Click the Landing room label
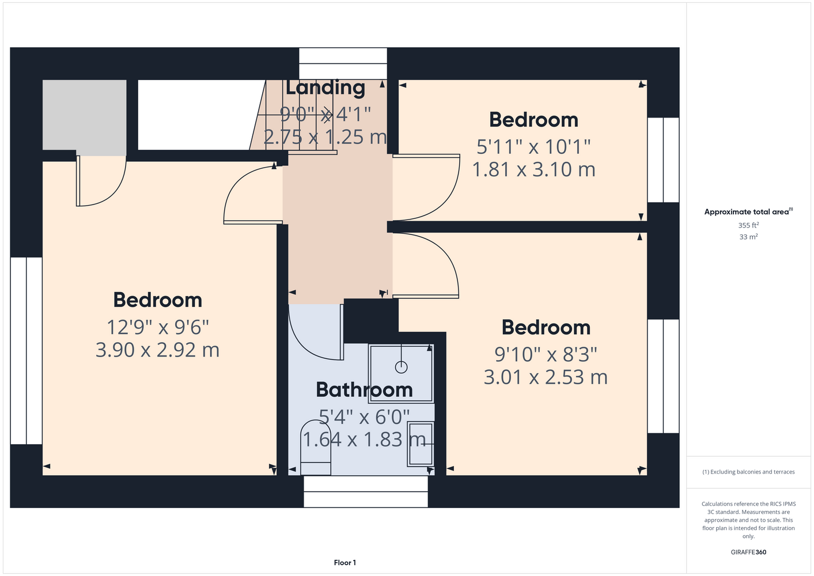325,88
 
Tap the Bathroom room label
364,389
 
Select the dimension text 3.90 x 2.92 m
157,350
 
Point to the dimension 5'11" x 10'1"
533,146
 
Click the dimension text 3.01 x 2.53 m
546,377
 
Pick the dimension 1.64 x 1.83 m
364,439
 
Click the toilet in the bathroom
316,448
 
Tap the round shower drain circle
401,367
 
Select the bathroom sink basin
421,444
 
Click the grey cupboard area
84,115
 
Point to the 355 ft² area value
748,225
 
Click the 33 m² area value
748,237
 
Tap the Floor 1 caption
345,563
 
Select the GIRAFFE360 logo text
748,552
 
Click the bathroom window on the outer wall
366,492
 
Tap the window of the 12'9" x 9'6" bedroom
26,351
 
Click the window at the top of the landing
343,63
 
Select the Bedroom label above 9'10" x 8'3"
546,327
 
